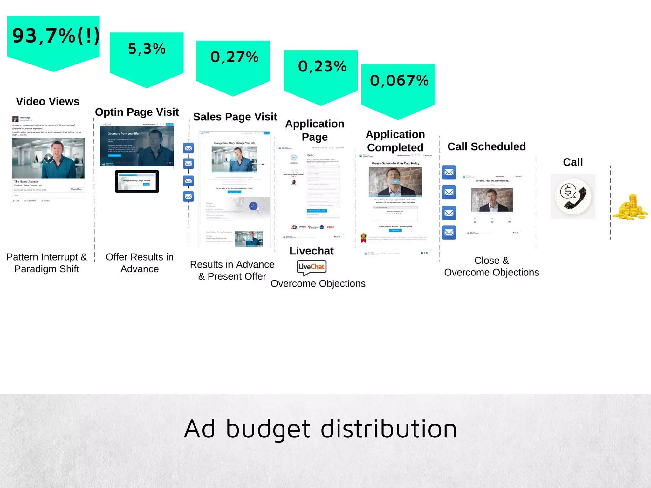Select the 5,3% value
click(x=147, y=49)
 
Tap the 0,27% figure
click(x=234, y=57)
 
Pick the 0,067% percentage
click(x=399, y=81)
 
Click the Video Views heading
click(x=48, y=102)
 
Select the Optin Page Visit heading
click(x=137, y=112)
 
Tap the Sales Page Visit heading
click(x=235, y=117)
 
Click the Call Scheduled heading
click(x=486, y=147)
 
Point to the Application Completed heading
click(x=395, y=141)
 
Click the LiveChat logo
click(x=312, y=267)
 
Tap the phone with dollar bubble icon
click(x=573, y=196)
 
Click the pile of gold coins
click(x=630, y=208)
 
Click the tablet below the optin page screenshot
click(x=137, y=181)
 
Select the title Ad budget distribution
click(x=320, y=429)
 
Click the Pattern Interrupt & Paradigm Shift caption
click(x=47, y=263)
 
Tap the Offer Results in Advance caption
click(x=140, y=263)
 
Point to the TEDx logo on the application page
click(x=330, y=227)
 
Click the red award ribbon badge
click(x=363, y=238)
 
